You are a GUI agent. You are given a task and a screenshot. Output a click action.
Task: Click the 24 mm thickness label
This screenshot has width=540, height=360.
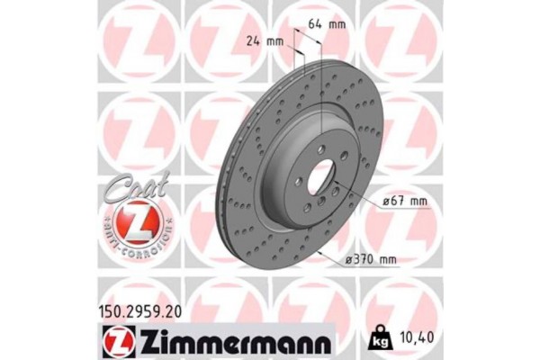(263, 41)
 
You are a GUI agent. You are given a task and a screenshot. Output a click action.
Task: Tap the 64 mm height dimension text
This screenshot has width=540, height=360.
(322, 24)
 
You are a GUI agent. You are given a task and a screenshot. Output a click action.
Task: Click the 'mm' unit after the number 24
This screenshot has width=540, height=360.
(274, 41)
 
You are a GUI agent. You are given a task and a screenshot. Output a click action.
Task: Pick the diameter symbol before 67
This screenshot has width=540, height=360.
(383, 203)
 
